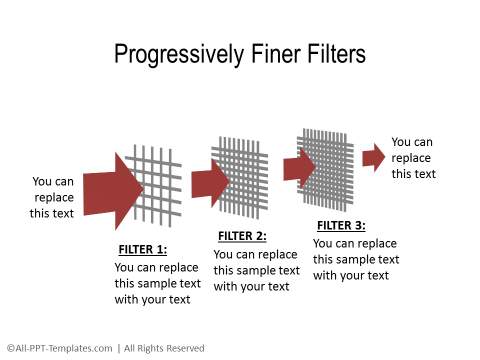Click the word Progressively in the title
pyautogui.click(x=179, y=54)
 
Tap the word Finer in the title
pyautogui.click(x=276, y=53)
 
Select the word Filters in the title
pyautogui.click(x=337, y=53)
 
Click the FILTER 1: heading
pyautogui.click(x=143, y=249)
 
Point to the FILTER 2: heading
pyautogui.click(x=242, y=236)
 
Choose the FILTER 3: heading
pyautogui.click(x=341, y=226)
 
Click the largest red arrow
pyautogui.click(x=113, y=191)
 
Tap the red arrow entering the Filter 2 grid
pyautogui.click(x=211, y=183)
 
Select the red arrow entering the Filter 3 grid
pyautogui.click(x=300, y=168)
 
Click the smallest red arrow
pyautogui.click(x=374, y=158)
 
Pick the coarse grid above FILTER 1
pyautogui.click(x=153, y=186)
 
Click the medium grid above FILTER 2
pyautogui.click(x=240, y=178)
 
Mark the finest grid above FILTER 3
pyautogui.click(x=326, y=170)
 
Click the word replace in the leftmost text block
pyautogui.click(x=54, y=198)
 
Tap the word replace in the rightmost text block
pyautogui.click(x=411, y=158)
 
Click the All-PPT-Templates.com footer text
pyautogui.click(x=59, y=348)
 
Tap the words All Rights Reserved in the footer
pyautogui.click(x=164, y=348)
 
